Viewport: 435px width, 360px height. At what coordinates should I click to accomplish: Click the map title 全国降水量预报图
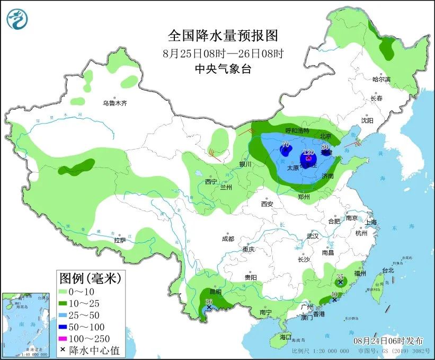(x=223, y=36)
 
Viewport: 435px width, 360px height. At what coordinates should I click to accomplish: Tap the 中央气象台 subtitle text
(x=223, y=68)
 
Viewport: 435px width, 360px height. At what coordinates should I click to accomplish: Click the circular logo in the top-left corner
(x=17, y=19)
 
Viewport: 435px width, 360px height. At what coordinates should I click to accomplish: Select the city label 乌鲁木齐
(x=114, y=103)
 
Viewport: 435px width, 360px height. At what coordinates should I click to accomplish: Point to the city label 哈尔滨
(x=381, y=79)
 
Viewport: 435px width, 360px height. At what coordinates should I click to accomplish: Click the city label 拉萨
(x=120, y=240)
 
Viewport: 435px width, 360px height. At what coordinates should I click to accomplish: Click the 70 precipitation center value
(x=285, y=144)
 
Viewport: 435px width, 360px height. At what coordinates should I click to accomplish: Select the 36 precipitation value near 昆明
(x=208, y=301)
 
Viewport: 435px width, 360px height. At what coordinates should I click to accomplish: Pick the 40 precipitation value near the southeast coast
(x=334, y=295)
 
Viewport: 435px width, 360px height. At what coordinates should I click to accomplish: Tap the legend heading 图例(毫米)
(x=90, y=277)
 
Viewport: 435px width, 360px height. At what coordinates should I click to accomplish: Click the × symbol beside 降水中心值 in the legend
(x=63, y=349)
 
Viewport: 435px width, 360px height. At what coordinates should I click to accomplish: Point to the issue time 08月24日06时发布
(x=389, y=339)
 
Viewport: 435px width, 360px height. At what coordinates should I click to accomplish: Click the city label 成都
(x=228, y=238)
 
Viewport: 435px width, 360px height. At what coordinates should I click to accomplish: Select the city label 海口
(x=286, y=337)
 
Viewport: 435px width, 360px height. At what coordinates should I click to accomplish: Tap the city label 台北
(x=388, y=270)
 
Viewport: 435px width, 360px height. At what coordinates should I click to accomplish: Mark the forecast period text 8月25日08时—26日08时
(x=223, y=53)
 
